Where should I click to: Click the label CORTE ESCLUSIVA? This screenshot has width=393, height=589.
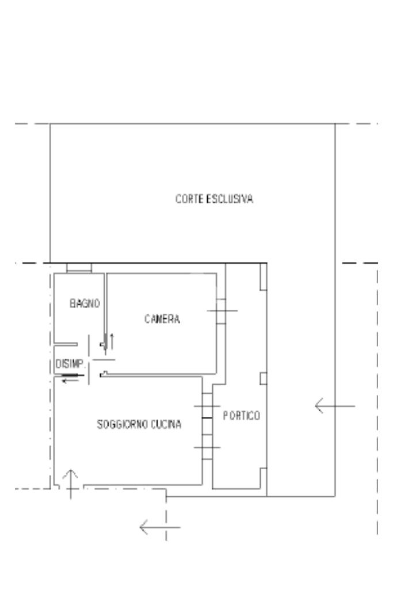(215, 200)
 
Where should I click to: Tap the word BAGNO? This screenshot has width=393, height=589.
(86, 303)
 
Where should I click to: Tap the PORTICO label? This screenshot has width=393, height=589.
(242, 416)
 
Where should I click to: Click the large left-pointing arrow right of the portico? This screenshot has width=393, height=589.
(334, 406)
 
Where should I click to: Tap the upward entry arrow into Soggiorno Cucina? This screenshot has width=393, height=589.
(70, 482)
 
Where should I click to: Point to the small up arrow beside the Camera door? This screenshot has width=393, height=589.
(112, 341)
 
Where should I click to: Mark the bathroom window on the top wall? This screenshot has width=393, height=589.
(79, 268)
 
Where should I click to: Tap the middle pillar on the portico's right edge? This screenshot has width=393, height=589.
(264, 378)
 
